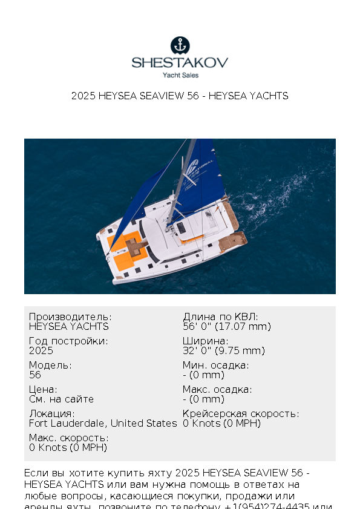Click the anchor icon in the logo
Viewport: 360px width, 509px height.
(180, 45)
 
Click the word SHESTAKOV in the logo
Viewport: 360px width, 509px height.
(180, 62)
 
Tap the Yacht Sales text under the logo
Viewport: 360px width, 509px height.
(180, 75)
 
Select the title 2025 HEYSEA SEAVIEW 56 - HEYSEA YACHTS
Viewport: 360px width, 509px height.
(180, 96)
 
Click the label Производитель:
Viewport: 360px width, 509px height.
(70, 317)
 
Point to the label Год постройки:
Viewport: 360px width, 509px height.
(68, 341)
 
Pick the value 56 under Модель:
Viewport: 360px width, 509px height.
(35, 375)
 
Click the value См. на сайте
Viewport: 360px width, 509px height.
(61, 399)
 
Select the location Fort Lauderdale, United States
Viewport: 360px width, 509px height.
(103, 423)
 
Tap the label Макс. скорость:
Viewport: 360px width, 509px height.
(68, 438)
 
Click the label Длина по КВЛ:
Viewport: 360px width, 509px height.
(220, 317)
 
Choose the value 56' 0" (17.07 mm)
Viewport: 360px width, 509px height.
(226, 326)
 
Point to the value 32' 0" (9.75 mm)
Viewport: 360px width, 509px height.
(224, 350)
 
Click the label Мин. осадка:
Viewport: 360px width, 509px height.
(215, 366)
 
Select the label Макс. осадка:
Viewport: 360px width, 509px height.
(217, 390)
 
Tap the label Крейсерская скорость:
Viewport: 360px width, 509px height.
(241, 414)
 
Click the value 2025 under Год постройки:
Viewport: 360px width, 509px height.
(41, 350)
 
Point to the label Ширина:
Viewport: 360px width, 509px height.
(206, 341)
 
